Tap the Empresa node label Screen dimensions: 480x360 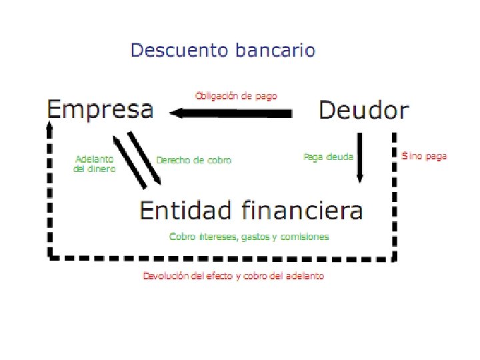coord(100,109)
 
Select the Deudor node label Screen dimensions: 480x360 coord(363,109)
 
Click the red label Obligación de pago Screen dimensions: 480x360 coord(236,95)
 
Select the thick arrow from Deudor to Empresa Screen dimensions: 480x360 coord(233,115)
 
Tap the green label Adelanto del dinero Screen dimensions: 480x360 coord(94,164)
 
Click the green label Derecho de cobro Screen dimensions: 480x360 coord(194,160)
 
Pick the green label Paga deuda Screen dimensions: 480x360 coord(328,156)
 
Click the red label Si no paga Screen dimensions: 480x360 coord(425,156)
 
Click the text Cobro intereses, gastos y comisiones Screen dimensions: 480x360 coord(249,237)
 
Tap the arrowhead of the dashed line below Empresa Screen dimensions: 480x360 coord(49,125)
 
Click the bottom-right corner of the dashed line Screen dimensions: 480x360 coord(395,257)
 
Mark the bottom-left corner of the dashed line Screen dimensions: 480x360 coord(49,255)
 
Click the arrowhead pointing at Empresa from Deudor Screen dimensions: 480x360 coord(177,115)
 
